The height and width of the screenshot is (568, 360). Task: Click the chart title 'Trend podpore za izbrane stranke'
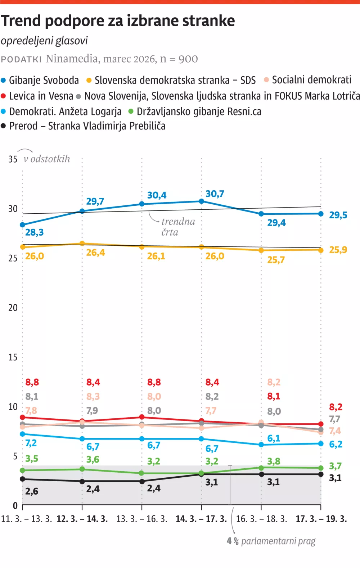point(118,21)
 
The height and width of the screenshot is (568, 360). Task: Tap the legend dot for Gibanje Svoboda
point(4,80)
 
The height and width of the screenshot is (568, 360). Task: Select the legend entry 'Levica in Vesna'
point(41,96)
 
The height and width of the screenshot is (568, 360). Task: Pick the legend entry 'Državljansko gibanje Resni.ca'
point(199,112)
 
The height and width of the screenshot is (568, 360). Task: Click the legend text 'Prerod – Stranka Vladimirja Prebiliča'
point(87,126)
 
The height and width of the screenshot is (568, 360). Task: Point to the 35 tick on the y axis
point(13,159)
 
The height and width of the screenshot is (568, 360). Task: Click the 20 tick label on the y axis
point(13,308)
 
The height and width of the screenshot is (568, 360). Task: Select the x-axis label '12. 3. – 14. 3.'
point(82,519)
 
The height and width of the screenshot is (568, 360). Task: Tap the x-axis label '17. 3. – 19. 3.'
point(321,519)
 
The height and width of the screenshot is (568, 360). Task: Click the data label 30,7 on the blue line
point(215,194)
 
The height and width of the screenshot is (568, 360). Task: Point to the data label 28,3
point(35,232)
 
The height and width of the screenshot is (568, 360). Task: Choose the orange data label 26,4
point(95,253)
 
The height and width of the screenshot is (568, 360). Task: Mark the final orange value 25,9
point(338,250)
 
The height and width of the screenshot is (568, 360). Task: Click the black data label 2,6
point(32,491)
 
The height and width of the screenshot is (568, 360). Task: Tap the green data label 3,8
point(274,461)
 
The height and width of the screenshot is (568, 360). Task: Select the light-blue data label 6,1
point(274,438)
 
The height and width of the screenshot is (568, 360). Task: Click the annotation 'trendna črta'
point(178,227)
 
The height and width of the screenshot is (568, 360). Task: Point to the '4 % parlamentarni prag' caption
point(271,541)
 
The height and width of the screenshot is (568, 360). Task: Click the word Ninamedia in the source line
point(72,59)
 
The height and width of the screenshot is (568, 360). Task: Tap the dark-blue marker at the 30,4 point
point(142,204)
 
